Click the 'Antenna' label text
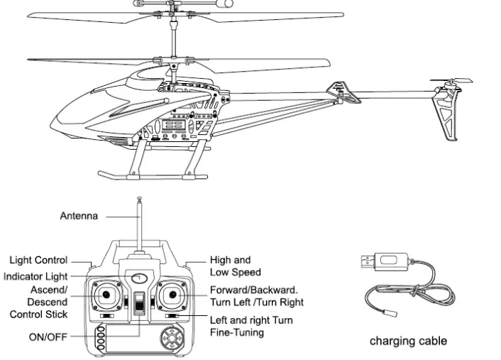pyautogui.click(x=79, y=216)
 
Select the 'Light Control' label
pyautogui.click(x=39, y=261)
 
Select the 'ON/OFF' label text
pyautogui.click(x=48, y=337)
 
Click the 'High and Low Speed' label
pyautogui.click(x=236, y=266)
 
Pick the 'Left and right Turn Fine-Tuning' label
pyautogui.click(x=251, y=326)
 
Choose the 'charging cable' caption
pyautogui.click(x=408, y=341)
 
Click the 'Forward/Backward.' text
pyautogui.click(x=254, y=290)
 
